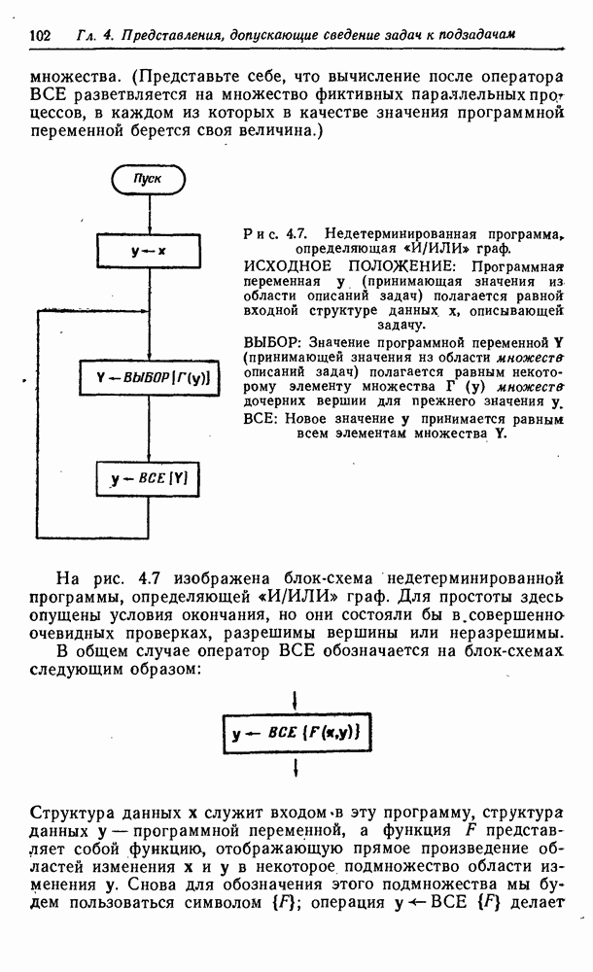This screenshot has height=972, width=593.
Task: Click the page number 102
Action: pyautogui.click(x=41, y=35)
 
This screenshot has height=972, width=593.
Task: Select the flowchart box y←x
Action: pyautogui.click(x=148, y=252)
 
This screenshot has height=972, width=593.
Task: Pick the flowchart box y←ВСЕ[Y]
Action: pyautogui.click(x=148, y=478)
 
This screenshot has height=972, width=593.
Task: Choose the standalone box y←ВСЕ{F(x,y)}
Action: pyautogui.click(x=296, y=736)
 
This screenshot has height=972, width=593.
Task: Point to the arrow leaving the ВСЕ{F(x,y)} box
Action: pyautogui.click(x=296, y=770)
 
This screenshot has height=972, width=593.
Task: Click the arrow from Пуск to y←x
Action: pyautogui.click(x=148, y=214)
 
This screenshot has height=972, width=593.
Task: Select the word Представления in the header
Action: pyautogui.click(x=171, y=36)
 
